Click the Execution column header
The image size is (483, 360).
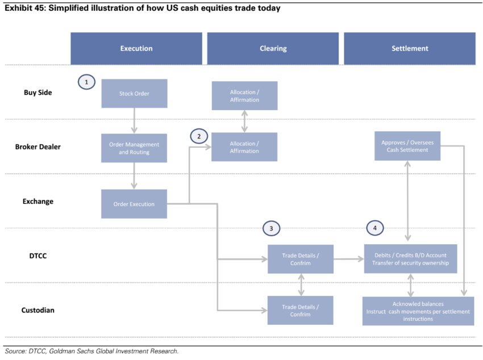click(136, 48)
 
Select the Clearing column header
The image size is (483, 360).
click(273, 48)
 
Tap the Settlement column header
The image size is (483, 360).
click(410, 48)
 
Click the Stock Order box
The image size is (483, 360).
click(134, 93)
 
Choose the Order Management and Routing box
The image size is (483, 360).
click(134, 148)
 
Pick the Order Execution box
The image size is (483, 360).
click(134, 204)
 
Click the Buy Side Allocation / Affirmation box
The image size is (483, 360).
click(244, 96)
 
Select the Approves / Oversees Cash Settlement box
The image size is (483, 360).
click(407, 146)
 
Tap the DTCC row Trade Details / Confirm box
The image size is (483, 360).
click(301, 259)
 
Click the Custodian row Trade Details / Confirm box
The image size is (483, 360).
click(301, 310)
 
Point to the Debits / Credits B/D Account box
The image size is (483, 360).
click(410, 259)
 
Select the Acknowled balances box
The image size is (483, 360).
click(418, 311)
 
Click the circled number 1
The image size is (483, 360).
click(86, 82)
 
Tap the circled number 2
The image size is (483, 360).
click(199, 136)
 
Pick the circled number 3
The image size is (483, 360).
click(272, 228)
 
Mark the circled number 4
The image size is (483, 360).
click(375, 228)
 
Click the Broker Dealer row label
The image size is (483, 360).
click(38, 146)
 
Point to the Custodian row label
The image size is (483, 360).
click(38, 310)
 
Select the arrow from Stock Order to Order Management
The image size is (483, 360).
click(135, 120)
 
